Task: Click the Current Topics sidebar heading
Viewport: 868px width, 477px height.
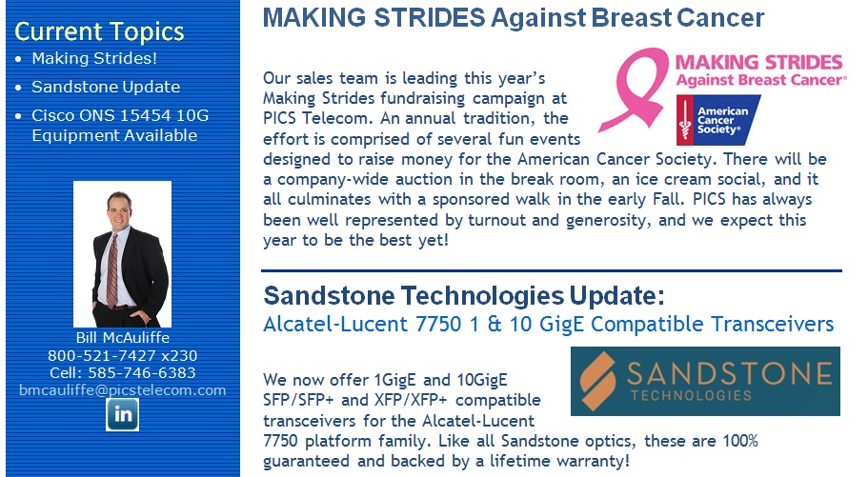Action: pos(99,32)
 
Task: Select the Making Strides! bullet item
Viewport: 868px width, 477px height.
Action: pos(94,58)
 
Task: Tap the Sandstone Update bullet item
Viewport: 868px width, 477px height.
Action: pos(106,87)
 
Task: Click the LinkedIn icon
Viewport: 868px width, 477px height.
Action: pos(122,414)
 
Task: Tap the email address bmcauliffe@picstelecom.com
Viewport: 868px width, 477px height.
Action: pos(122,390)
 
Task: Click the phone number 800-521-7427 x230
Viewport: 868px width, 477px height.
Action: pos(122,355)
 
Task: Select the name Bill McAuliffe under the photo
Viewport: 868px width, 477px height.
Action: pos(122,338)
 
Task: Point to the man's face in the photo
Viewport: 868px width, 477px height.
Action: pos(118,211)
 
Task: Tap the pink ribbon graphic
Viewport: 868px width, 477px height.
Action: pos(635,89)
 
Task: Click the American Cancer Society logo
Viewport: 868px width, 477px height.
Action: pos(718,120)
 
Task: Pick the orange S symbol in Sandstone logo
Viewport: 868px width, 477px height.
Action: pos(597,381)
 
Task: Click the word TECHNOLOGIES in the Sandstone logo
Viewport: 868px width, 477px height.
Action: pos(691,395)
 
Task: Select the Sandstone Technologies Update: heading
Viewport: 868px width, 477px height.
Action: pos(464,295)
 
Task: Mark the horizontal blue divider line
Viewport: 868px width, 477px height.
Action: pos(552,270)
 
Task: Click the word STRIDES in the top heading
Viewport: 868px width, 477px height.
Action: pos(430,18)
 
